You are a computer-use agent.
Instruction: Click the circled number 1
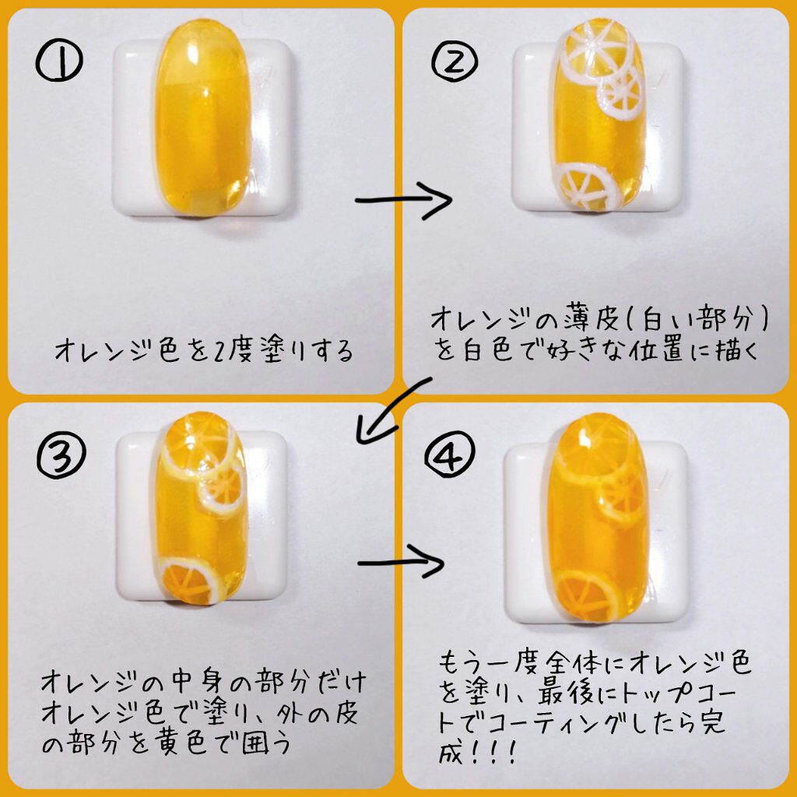[x=59, y=61]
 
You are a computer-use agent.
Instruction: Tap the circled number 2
[x=455, y=61]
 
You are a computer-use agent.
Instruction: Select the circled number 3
[x=61, y=455]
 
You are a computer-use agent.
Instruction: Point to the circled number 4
[x=450, y=454]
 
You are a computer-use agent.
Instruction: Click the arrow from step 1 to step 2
[x=404, y=200]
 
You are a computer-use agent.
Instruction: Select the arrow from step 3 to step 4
[x=402, y=562]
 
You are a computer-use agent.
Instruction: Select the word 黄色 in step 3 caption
[x=180, y=743]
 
